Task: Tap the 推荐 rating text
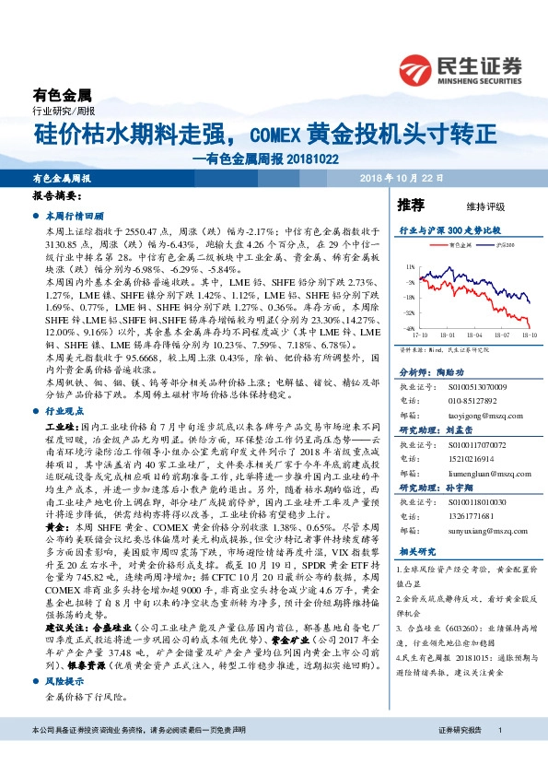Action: [x=411, y=204]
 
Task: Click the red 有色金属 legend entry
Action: [x=457, y=246]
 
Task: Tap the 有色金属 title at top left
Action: [x=63, y=94]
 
